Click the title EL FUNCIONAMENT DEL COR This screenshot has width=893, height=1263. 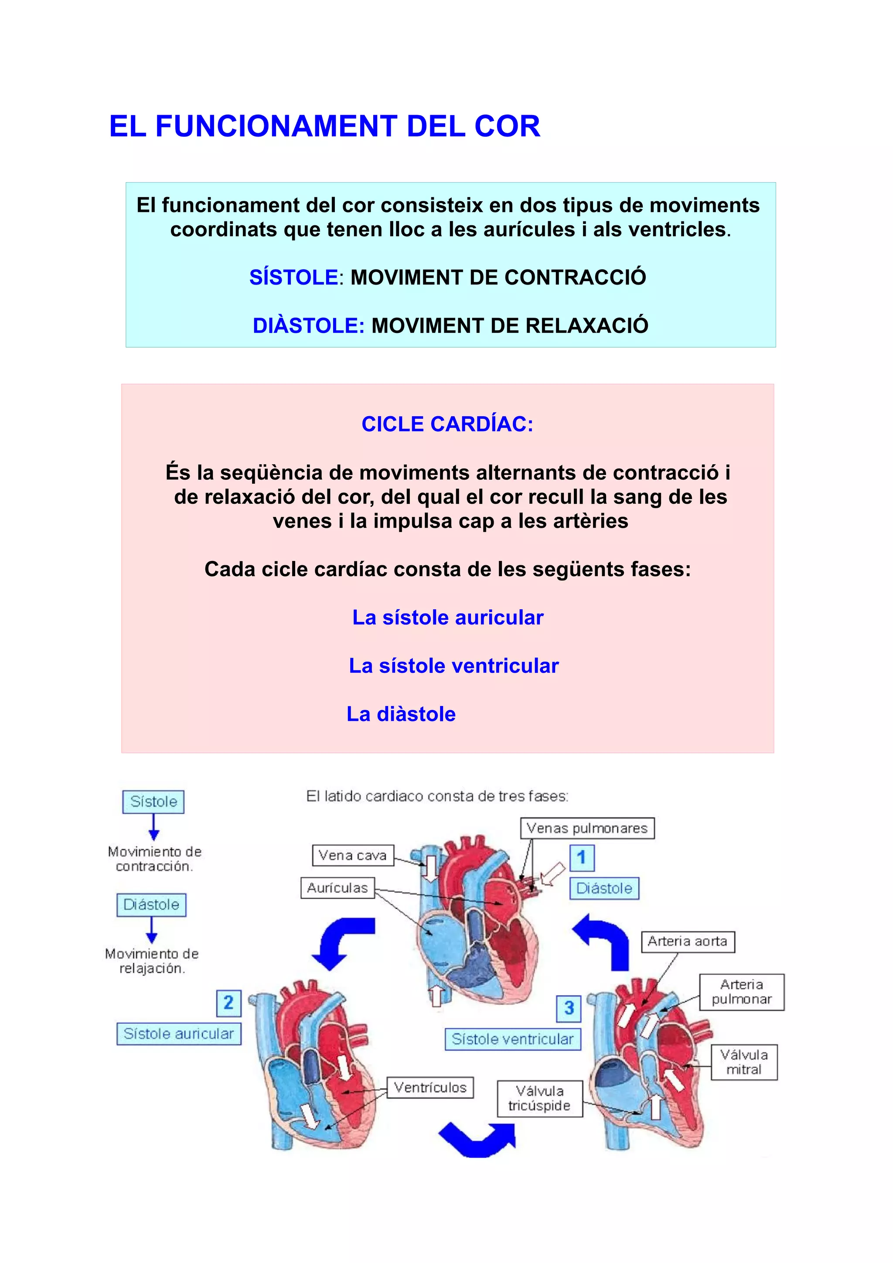324,126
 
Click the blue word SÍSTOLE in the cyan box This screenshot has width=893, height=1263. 293,277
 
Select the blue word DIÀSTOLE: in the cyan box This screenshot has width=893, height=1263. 308,326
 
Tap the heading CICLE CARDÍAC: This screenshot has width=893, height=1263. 447,424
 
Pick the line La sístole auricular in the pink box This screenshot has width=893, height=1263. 447,618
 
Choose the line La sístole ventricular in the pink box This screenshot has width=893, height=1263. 453,666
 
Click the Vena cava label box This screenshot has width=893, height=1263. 353,856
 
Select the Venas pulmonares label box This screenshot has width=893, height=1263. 587,828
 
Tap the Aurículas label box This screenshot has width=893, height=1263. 337,888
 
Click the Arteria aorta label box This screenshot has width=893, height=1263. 687,941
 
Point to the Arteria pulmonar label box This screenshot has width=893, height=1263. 741,992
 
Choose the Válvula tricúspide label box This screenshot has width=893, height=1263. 539,1099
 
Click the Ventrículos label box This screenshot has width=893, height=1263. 430,1087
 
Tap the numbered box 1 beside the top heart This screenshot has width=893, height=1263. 582,858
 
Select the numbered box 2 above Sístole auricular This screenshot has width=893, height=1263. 228,1003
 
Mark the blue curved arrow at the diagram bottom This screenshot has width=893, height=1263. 477,1139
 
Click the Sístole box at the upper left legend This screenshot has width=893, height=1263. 153,801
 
